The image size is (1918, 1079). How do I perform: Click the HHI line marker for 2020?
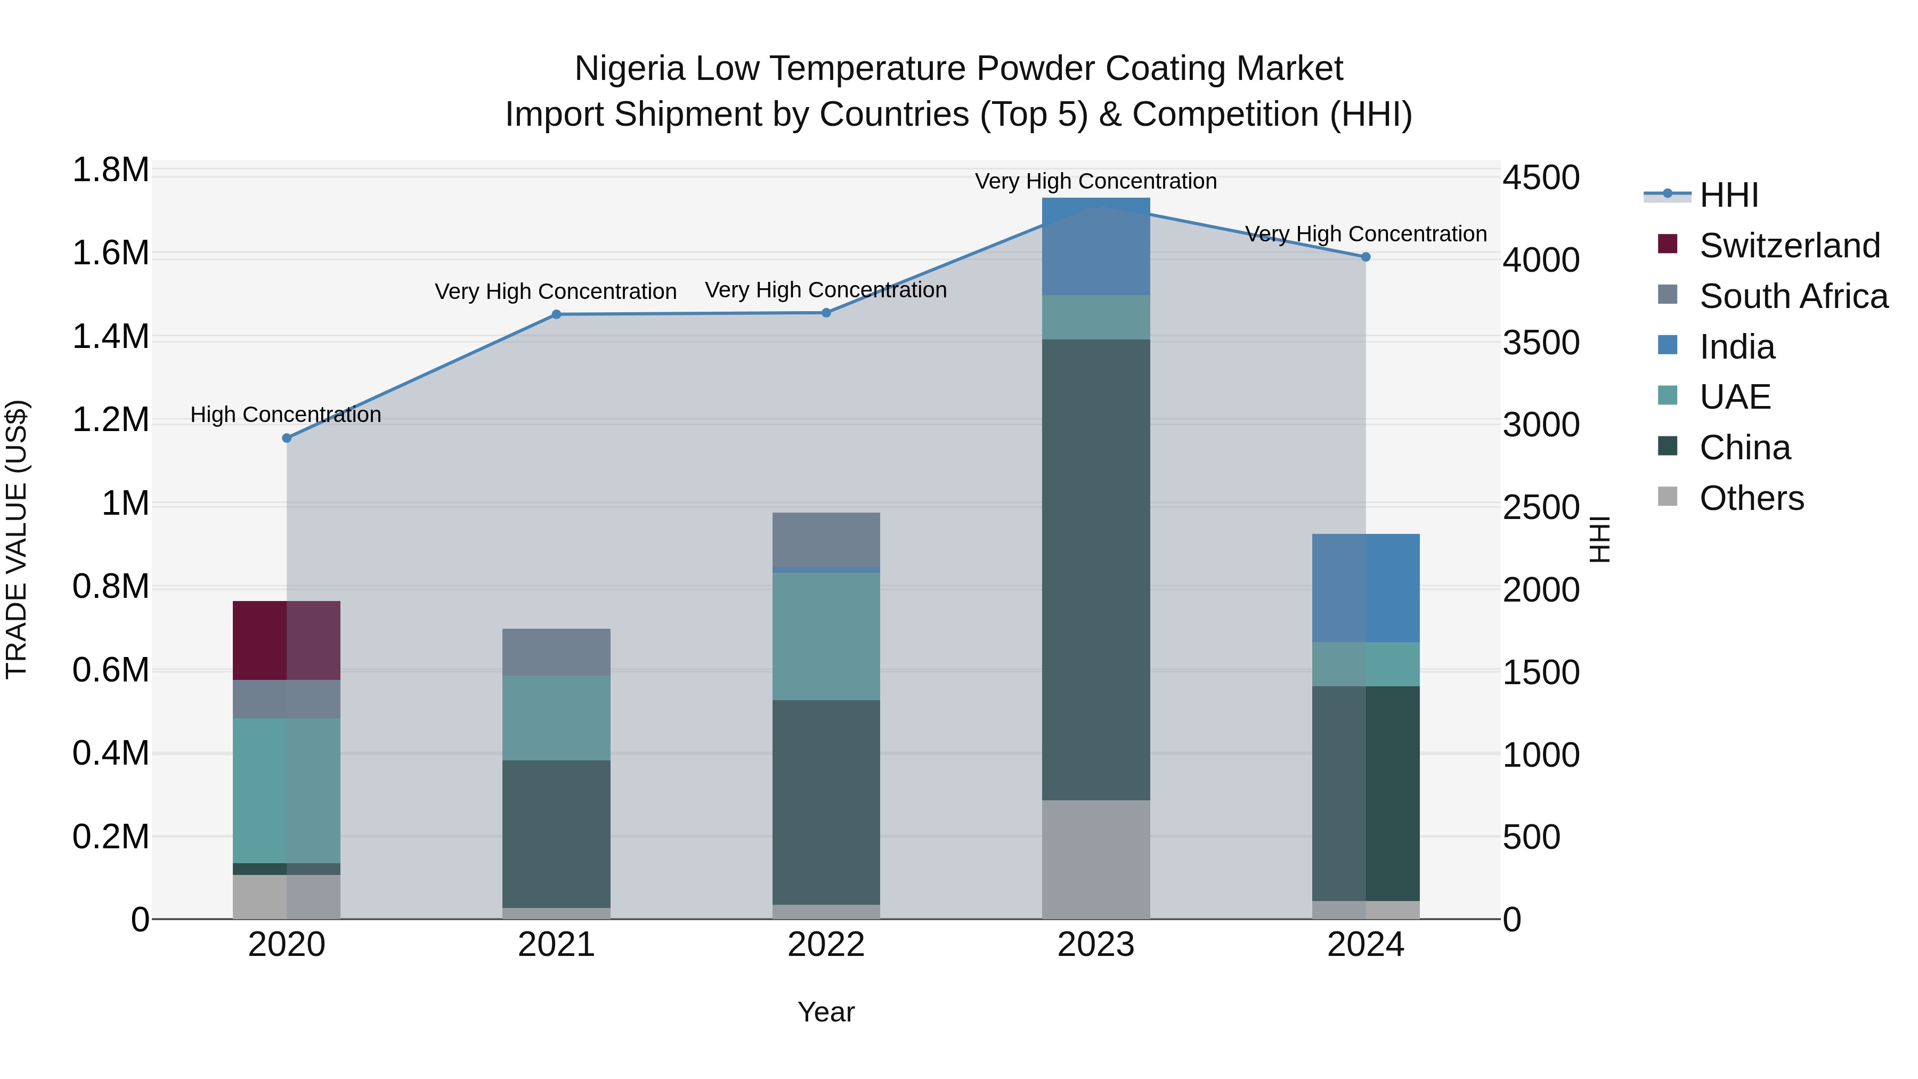click(x=287, y=438)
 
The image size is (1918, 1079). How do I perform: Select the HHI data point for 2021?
click(x=556, y=314)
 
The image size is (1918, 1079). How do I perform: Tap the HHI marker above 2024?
click(x=1366, y=257)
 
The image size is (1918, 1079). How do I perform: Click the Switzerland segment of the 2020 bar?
click(x=287, y=640)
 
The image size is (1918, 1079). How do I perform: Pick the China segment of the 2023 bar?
click(x=1095, y=570)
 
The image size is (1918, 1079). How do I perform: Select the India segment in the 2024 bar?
click(x=1366, y=588)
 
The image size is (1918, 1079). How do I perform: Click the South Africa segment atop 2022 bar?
click(x=826, y=539)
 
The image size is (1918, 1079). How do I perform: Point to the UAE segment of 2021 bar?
click(x=556, y=717)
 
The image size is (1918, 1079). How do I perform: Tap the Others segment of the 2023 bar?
click(x=1095, y=859)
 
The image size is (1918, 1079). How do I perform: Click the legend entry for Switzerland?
click(x=1789, y=246)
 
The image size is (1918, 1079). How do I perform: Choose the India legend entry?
click(x=1736, y=347)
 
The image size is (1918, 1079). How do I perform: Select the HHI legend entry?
click(x=1728, y=195)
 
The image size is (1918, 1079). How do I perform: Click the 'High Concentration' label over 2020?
click(x=286, y=414)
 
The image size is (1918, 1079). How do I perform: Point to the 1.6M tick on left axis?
click(x=110, y=253)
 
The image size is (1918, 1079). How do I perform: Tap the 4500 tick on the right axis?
click(x=1540, y=178)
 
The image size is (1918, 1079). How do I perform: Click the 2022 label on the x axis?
click(x=826, y=945)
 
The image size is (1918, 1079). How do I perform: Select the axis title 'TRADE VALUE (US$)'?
click(x=17, y=539)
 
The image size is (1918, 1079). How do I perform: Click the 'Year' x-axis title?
click(x=826, y=1012)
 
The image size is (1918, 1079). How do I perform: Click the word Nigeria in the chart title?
click(x=629, y=69)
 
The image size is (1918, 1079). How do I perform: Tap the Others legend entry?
click(x=1751, y=498)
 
